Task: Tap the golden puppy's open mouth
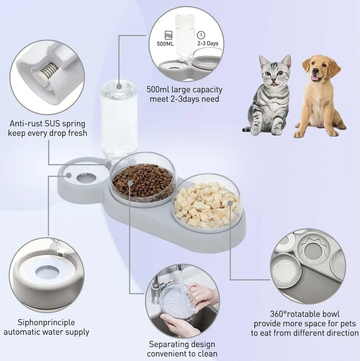coord(318,78)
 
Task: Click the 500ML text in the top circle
coord(165,44)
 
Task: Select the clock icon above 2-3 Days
coord(201,35)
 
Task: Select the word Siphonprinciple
coord(46,322)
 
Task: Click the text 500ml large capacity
coord(184,90)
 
